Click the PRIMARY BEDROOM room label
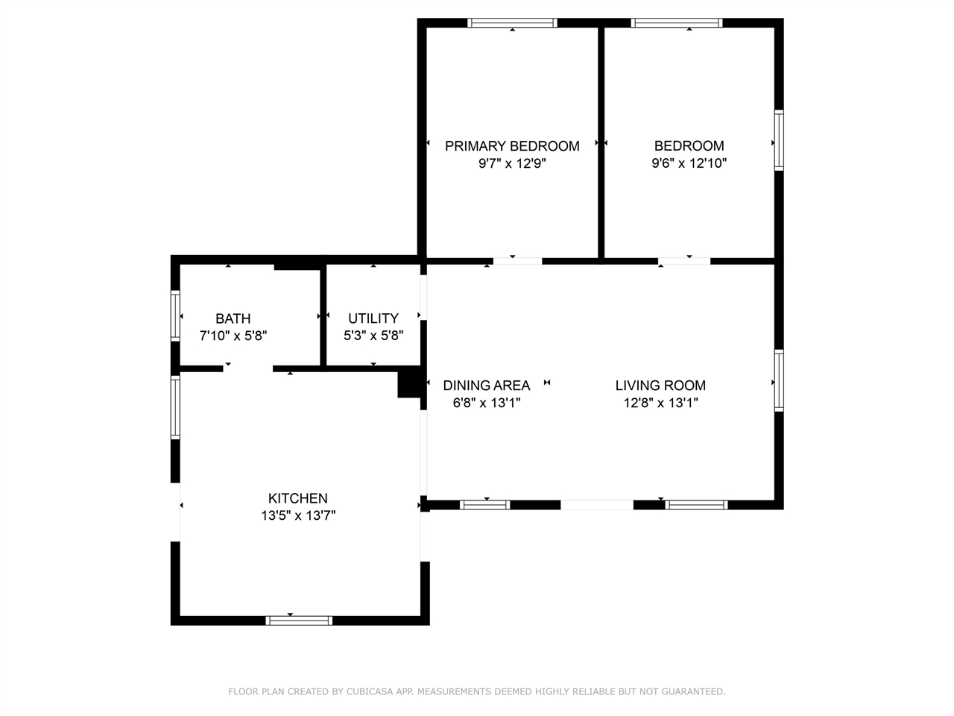tap(512, 146)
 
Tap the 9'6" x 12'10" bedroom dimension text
tap(689, 163)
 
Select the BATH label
tap(233, 318)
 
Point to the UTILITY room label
tap(373, 318)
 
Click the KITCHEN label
tap(297, 498)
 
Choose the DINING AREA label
tap(487, 386)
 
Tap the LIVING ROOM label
tap(660, 386)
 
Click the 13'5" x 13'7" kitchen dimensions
tap(298, 515)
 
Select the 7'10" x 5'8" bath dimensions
tap(233, 336)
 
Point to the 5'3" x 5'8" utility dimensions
tap(373, 336)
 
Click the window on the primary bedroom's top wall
tap(512, 22)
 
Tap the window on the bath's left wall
tap(175, 315)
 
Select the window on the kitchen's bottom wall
tap(299, 621)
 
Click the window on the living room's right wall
tap(779, 380)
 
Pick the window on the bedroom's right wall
tap(779, 140)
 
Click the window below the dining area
tap(485, 505)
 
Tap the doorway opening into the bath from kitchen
tap(247, 368)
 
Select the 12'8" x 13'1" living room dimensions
tap(660, 403)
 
